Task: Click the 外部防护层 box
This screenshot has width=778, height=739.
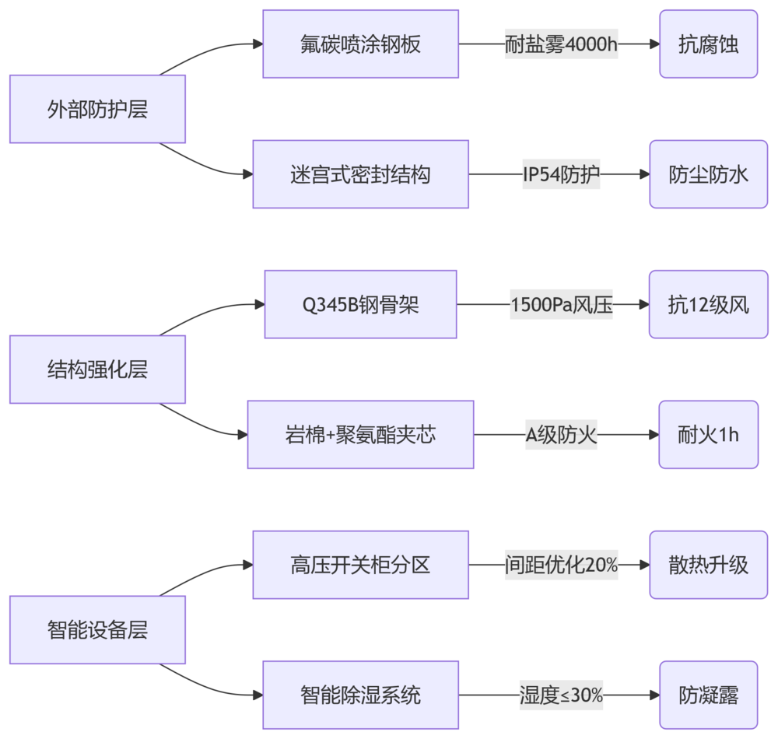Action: point(97,110)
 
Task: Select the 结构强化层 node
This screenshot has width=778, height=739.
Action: point(97,369)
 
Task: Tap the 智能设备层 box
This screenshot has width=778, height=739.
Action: point(97,629)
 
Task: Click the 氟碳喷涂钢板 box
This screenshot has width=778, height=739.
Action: point(360,44)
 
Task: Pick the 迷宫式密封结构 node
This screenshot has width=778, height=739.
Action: point(360,174)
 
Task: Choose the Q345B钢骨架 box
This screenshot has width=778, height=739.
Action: point(360,304)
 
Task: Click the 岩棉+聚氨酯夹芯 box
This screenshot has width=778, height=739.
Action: point(360,434)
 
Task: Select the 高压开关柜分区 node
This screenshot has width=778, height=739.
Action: point(360,565)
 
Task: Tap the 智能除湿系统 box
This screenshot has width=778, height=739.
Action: point(360,695)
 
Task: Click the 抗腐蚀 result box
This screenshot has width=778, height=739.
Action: point(708,44)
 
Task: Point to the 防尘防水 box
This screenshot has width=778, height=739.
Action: point(708,174)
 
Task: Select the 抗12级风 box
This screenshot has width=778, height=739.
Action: point(708,304)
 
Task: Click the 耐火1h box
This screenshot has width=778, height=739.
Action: point(708,434)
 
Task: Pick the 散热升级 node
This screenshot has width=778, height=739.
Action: point(708,565)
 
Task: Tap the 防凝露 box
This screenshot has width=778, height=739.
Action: point(708,695)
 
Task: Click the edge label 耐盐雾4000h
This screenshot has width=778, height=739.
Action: point(561,44)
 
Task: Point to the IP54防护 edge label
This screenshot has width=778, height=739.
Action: point(561,174)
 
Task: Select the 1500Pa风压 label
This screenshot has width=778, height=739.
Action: point(561,304)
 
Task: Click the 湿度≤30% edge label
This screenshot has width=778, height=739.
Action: point(561,695)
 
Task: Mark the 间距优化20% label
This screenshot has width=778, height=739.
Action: point(561,565)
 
